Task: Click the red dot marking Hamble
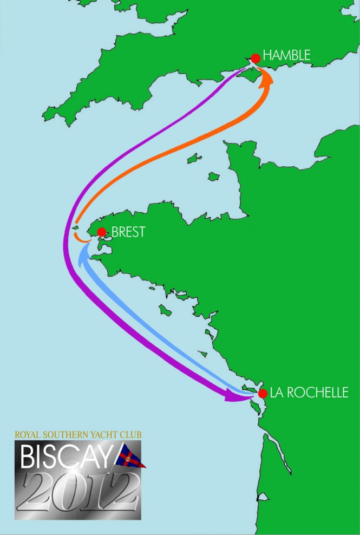point(256,58)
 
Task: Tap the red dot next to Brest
point(101,232)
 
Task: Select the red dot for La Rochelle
point(263,394)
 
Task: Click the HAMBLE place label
point(286,55)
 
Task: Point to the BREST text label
point(128,232)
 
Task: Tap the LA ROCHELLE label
point(309,393)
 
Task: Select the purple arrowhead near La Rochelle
point(233,397)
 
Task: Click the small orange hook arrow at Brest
point(79,237)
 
